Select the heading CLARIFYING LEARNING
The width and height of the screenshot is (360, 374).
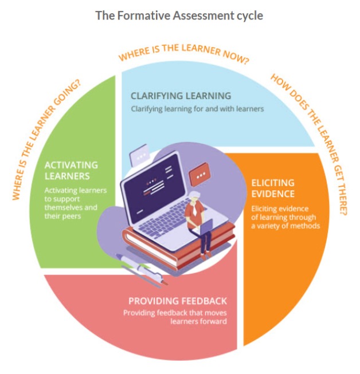click(181, 96)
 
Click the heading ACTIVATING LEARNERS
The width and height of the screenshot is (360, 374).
click(71, 170)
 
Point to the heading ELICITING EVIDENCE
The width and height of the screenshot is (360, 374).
click(273, 188)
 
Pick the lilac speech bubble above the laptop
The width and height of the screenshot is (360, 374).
click(139, 156)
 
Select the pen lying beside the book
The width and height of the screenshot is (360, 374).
click(140, 269)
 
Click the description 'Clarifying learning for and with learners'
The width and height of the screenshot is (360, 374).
click(197, 108)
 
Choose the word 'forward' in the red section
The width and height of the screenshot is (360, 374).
click(214, 321)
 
